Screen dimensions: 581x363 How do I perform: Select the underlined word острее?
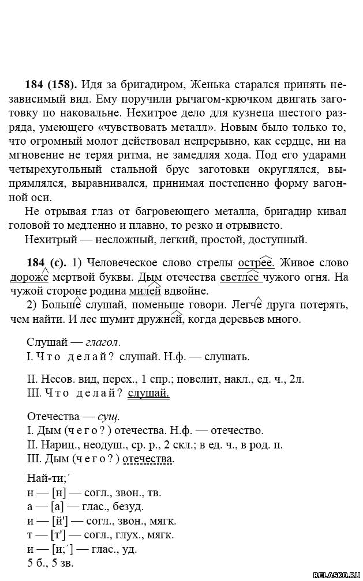pos(256,263)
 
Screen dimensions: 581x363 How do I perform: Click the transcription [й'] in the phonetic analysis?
pos(59,520)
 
